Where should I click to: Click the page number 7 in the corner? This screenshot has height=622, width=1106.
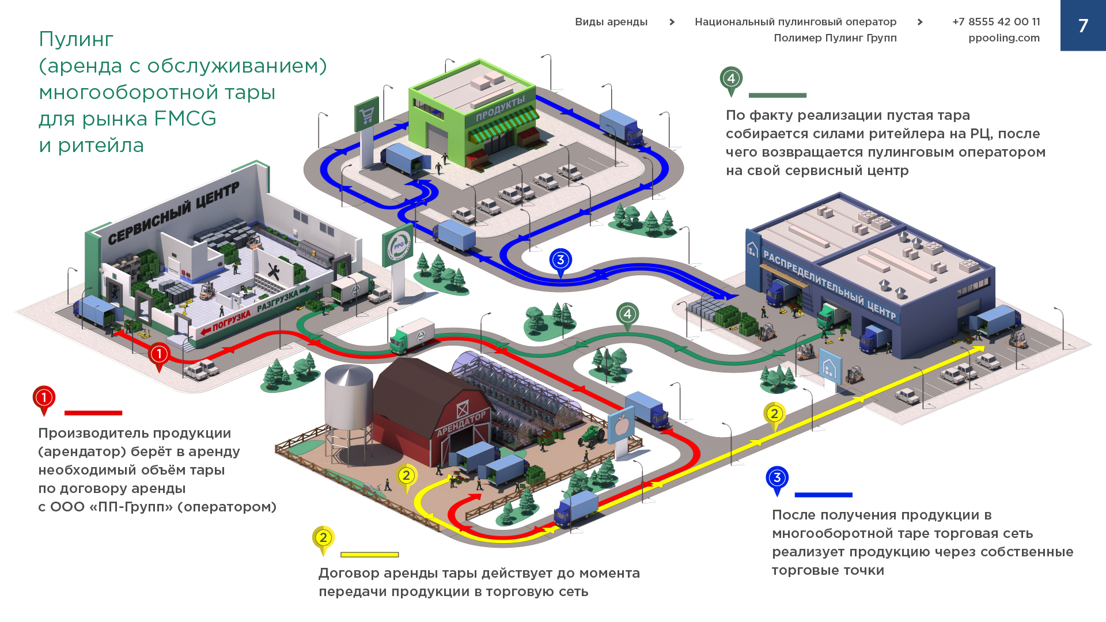(x=1083, y=25)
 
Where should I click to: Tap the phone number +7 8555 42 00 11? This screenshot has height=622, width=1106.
(x=996, y=22)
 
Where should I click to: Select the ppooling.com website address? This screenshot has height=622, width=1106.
(x=1003, y=38)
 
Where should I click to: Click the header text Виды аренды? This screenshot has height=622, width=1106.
(x=611, y=22)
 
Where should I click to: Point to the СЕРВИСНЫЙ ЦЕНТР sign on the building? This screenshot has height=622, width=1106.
(x=173, y=213)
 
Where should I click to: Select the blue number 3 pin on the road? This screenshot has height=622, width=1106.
(x=560, y=261)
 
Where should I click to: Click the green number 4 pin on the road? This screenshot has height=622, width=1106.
(x=627, y=315)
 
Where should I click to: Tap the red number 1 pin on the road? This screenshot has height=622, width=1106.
(x=159, y=355)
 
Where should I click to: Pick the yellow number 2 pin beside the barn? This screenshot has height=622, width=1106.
(x=407, y=476)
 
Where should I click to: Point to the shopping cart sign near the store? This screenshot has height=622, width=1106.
(x=366, y=115)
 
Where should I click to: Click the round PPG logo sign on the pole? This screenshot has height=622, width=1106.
(x=397, y=246)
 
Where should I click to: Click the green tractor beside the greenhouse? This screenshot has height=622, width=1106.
(x=592, y=435)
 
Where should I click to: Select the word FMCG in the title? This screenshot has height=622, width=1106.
(x=185, y=119)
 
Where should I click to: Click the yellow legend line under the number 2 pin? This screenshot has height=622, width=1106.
(x=369, y=555)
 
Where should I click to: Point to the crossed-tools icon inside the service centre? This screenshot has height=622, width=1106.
(x=273, y=272)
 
